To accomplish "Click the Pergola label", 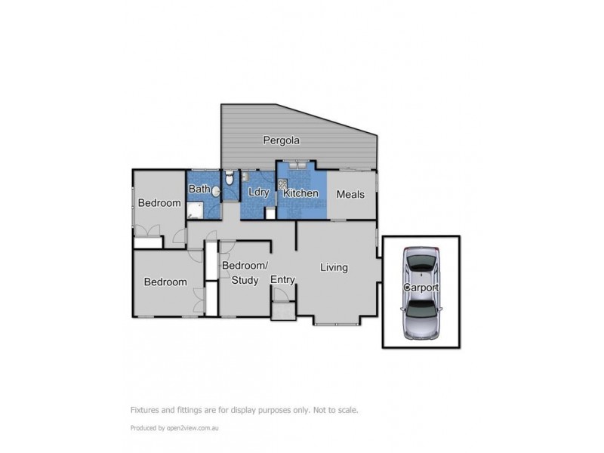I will [282, 140].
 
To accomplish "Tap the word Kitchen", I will [300, 194].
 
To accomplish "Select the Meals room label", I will [350, 194].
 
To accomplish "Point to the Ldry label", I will [258, 193].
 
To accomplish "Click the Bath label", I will [199, 189].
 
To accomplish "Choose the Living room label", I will [333, 267].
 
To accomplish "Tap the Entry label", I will [282, 280].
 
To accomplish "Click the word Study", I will [245, 281].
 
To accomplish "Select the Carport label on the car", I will [421, 289].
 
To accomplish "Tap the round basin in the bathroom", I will [215, 193].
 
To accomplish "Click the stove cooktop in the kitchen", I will [283, 186].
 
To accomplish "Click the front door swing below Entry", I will [282, 310].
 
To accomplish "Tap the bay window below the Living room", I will [337, 323].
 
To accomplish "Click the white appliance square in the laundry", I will [270, 213].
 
